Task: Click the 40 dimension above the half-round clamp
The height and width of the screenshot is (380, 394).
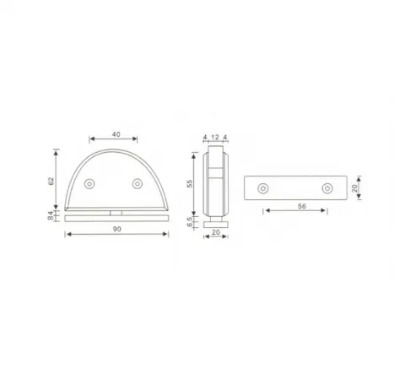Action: pos(116,134)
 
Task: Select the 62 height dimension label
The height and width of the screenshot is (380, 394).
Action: pos(51,181)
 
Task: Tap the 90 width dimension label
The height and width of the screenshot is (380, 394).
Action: pos(117,229)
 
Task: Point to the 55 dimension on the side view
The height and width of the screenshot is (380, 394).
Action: pos(190,183)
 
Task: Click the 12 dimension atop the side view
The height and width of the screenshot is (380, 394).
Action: pos(215,137)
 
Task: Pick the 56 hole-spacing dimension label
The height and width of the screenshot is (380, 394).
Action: pos(302,206)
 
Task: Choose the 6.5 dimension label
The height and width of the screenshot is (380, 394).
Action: pos(190,221)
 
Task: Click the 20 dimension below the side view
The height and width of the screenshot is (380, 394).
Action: pos(216,232)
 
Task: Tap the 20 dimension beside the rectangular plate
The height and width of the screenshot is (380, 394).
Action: pos(354,187)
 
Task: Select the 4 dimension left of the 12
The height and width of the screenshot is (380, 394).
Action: pos(205,137)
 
